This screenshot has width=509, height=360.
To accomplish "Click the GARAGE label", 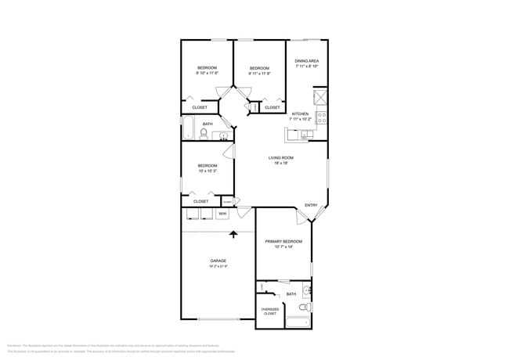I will (218, 261).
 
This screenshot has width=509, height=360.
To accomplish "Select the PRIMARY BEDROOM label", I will (283, 241).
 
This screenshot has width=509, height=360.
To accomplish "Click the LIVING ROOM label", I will (280, 157).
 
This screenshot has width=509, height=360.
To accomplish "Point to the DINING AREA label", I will (306, 61).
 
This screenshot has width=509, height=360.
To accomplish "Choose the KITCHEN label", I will (301, 113).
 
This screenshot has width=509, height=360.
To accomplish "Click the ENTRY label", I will (311, 206).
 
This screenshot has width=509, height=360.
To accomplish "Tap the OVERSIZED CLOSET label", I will (270, 311).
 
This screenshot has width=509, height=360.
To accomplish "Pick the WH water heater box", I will (222, 213).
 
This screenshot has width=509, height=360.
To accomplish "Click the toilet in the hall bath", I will (203, 135).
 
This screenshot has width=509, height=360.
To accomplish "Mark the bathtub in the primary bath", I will (297, 323).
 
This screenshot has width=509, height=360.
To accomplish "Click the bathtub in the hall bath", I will (188, 128).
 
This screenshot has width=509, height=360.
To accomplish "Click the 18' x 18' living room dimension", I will (280, 163).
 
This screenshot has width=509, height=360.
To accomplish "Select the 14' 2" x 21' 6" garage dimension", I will (218, 267).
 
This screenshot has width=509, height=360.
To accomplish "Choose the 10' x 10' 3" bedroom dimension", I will (207, 171).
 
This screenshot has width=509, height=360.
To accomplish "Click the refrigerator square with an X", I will (319, 98).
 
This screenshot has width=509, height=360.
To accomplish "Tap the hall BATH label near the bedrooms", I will (208, 124).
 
